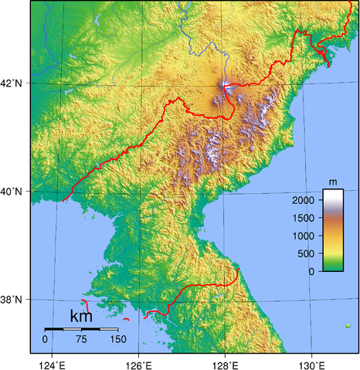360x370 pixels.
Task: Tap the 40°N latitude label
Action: pyautogui.click(x=15, y=191)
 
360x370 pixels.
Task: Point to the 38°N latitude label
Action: pyautogui.click(x=15, y=300)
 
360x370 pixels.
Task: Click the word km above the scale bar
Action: pyautogui.click(x=81, y=317)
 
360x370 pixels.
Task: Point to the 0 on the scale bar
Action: pyautogui.click(x=45, y=339)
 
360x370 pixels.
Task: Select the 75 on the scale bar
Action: pyautogui.click(x=81, y=339)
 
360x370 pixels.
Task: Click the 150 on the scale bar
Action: pyautogui.click(x=117, y=339)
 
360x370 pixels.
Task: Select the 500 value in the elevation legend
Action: pyautogui.click(x=306, y=253)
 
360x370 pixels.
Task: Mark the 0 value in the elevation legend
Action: pyautogui.click(x=311, y=271)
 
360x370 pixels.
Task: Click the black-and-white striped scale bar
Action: pyautogui.click(x=81, y=329)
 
